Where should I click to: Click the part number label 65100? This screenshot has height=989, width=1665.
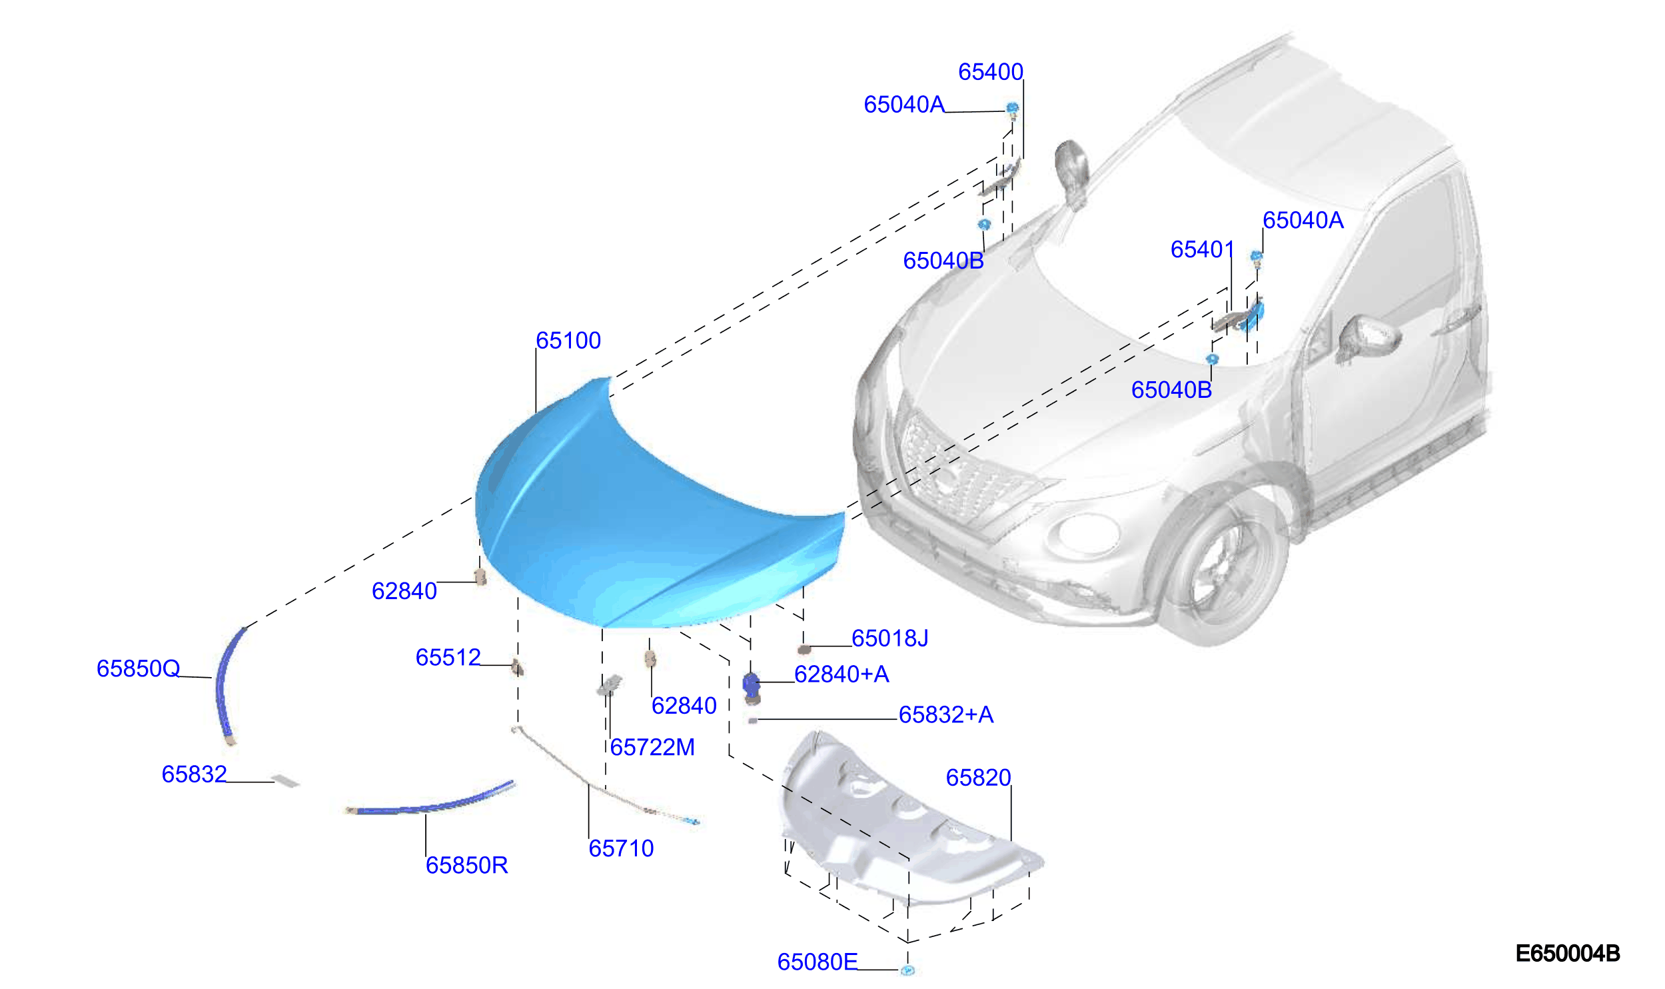(x=568, y=341)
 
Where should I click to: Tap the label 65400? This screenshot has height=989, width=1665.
(x=990, y=72)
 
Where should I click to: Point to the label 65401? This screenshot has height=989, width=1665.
(x=1202, y=250)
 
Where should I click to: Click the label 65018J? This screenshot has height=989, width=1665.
(x=889, y=638)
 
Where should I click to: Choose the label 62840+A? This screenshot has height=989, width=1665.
(x=841, y=674)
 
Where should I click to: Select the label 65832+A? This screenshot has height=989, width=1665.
(x=946, y=715)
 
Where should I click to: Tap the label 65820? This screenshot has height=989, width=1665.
(x=978, y=778)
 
